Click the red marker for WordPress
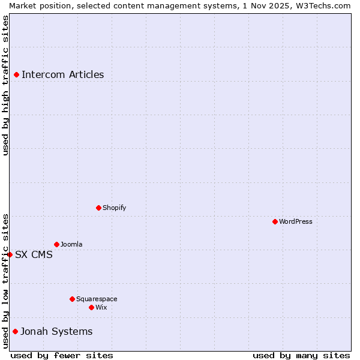pyautogui.click(x=275, y=221)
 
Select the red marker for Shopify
pyautogui.click(x=98, y=208)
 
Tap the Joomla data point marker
pyautogui.click(x=56, y=244)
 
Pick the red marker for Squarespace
pyautogui.click(x=72, y=299)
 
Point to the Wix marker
pyautogui.click(x=91, y=307)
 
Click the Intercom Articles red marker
pyautogui.click(x=16, y=74)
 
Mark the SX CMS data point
pyautogui.click(x=10, y=254)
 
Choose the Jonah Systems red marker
pyautogui.click(x=15, y=331)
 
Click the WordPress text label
pyautogui.click(x=296, y=221)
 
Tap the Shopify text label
pyautogui.click(x=114, y=208)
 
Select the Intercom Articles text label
pyautogui.click(x=63, y=74)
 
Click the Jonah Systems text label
pyautogui.click(x=56, y=331)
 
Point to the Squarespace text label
pyautogui.click(x=97, y=299)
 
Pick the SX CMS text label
pyautogui.click(x=34, y=254)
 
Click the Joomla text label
pyautogui.click(x=71, y=244)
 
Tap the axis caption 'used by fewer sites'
pyautogui.click(x=62, y=355)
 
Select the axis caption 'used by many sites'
pyautogui.click(x=301, y=355)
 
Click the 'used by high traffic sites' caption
pyautogui.click(x=5, y=85)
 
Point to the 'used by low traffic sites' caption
pyautogui.click(x=5, y=281)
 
